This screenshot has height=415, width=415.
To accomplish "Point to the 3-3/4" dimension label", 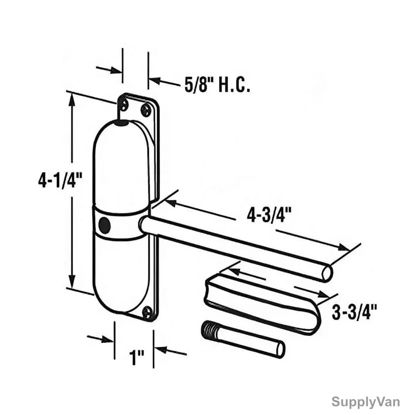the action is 354,312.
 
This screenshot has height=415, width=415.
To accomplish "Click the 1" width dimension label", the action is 136,357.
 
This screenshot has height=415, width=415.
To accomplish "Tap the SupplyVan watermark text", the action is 365,402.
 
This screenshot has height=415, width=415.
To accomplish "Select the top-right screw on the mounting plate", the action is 145,109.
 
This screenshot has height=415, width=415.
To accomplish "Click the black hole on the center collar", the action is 105,225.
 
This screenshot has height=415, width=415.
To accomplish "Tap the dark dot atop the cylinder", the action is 122,123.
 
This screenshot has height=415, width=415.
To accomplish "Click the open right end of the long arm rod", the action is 327,273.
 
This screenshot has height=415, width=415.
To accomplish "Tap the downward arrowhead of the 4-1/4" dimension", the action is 72,281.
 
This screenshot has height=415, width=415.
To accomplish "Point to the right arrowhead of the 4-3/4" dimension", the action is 343,247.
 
